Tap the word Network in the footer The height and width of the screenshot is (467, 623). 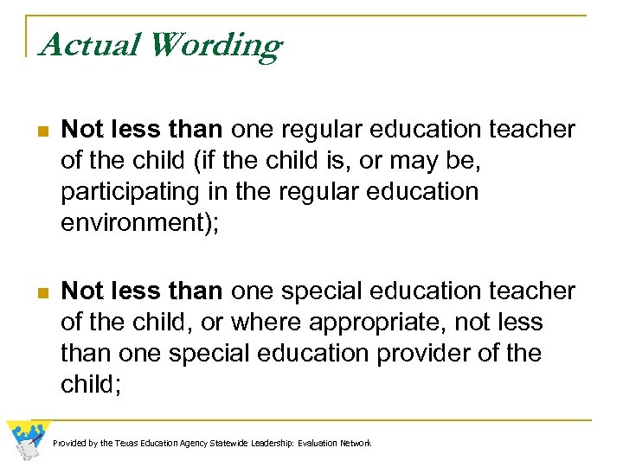[356, 444]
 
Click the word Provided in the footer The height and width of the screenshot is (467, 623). [68, 444]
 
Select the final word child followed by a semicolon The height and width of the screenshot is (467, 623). [89, 384]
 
